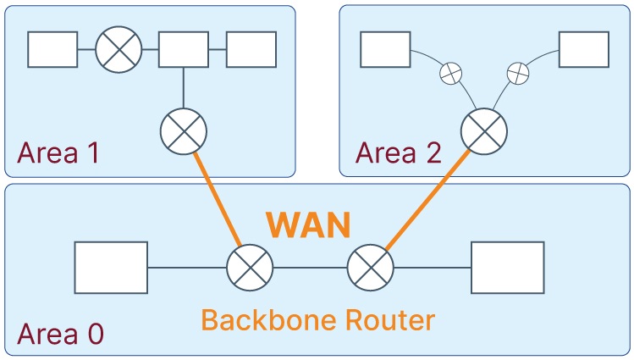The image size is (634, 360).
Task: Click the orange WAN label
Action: tap(308, 225)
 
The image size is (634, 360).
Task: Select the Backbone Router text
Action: tap(317, 319)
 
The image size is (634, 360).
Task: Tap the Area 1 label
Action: tap(58, 153)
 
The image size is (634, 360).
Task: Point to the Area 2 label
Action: tap(398, 153)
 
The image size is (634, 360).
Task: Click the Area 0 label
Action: tap(60, 333)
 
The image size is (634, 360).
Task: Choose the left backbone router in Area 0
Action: tap(251, 269)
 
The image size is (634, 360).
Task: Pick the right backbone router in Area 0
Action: tap(371, 269)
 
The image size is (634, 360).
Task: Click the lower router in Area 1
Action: tap(183, 131)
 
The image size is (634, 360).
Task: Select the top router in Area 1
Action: tap(119, 49)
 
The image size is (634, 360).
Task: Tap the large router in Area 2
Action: tap(483, 131)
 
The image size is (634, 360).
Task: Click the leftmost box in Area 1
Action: tap(52, 49)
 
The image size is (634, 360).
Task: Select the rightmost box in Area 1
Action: tap(251, 49)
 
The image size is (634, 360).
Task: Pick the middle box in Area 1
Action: tap(184, 49)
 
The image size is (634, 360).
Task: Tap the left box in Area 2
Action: tap(385, 49)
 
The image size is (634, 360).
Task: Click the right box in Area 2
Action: tap(584, 49)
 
